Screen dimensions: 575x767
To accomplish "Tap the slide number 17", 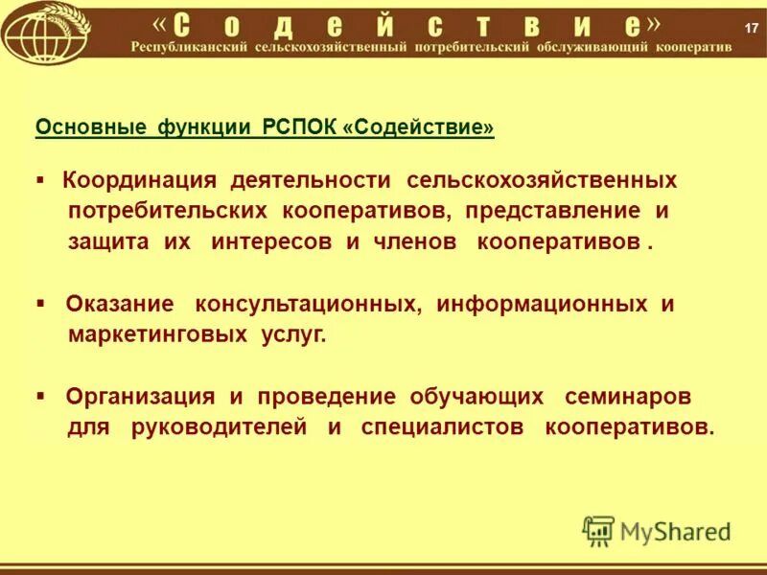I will pos(751,25).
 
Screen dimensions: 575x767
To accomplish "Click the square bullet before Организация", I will pos(40,395).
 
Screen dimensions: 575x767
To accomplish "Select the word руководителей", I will pos(220,426).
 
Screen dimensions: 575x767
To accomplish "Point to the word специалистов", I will pos(442,426).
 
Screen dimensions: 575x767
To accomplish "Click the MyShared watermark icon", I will pos(598,530).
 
